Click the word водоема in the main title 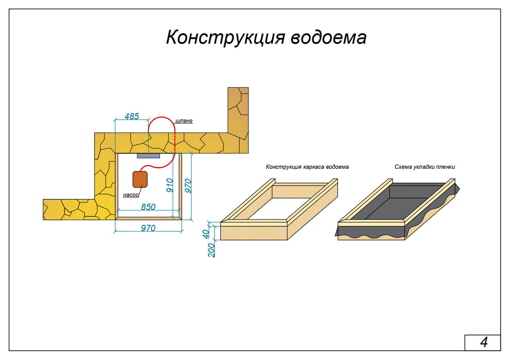pos(329,37)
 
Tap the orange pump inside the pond pos(140,179)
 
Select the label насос pos(131,195)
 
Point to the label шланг pos(184,121)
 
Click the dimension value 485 pos(132,116)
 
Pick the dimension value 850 pos(148,207)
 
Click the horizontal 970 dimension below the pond pos(148,228)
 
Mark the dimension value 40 pos(206,233)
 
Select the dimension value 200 pos(212,250)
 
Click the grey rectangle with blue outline pos(148,156)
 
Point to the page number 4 pos(483,343)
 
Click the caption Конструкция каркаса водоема pos(307,167)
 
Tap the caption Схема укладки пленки pos(425,167)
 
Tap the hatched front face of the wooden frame pos(254,233)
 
